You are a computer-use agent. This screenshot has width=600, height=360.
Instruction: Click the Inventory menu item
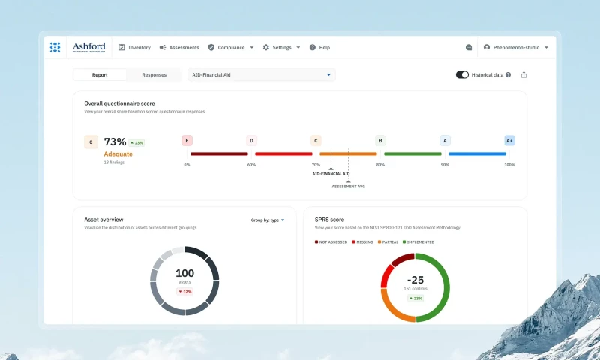tap(134, 47)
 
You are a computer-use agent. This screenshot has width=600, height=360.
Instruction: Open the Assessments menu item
tap(179, 47)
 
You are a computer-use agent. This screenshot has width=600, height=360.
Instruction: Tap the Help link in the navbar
tap(319, 47)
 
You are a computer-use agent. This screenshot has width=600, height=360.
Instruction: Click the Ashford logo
tap(88, 47)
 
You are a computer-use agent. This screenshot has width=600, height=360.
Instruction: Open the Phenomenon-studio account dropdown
tap(515, 47)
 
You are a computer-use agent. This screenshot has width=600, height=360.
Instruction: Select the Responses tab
tap(154, 75)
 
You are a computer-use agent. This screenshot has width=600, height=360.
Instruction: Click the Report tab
tap(100, 75)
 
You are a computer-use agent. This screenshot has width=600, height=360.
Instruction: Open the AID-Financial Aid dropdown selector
tap(261, 75)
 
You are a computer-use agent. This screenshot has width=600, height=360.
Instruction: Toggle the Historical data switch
tap(462, 75)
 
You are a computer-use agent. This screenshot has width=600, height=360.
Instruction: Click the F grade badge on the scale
tap(187, 140)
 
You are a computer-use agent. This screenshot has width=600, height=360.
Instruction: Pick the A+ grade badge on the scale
tap(509, 140)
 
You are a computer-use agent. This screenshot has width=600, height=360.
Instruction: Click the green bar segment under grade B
tap(412, 154)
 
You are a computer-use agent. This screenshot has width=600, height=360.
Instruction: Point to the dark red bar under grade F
tap(219, 154)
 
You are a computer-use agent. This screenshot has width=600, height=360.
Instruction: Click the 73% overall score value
tap(115, 142)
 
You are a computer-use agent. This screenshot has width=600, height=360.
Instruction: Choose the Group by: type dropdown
tap(268, 220)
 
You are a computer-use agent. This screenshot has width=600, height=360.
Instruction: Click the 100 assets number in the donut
tap(184, 273)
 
